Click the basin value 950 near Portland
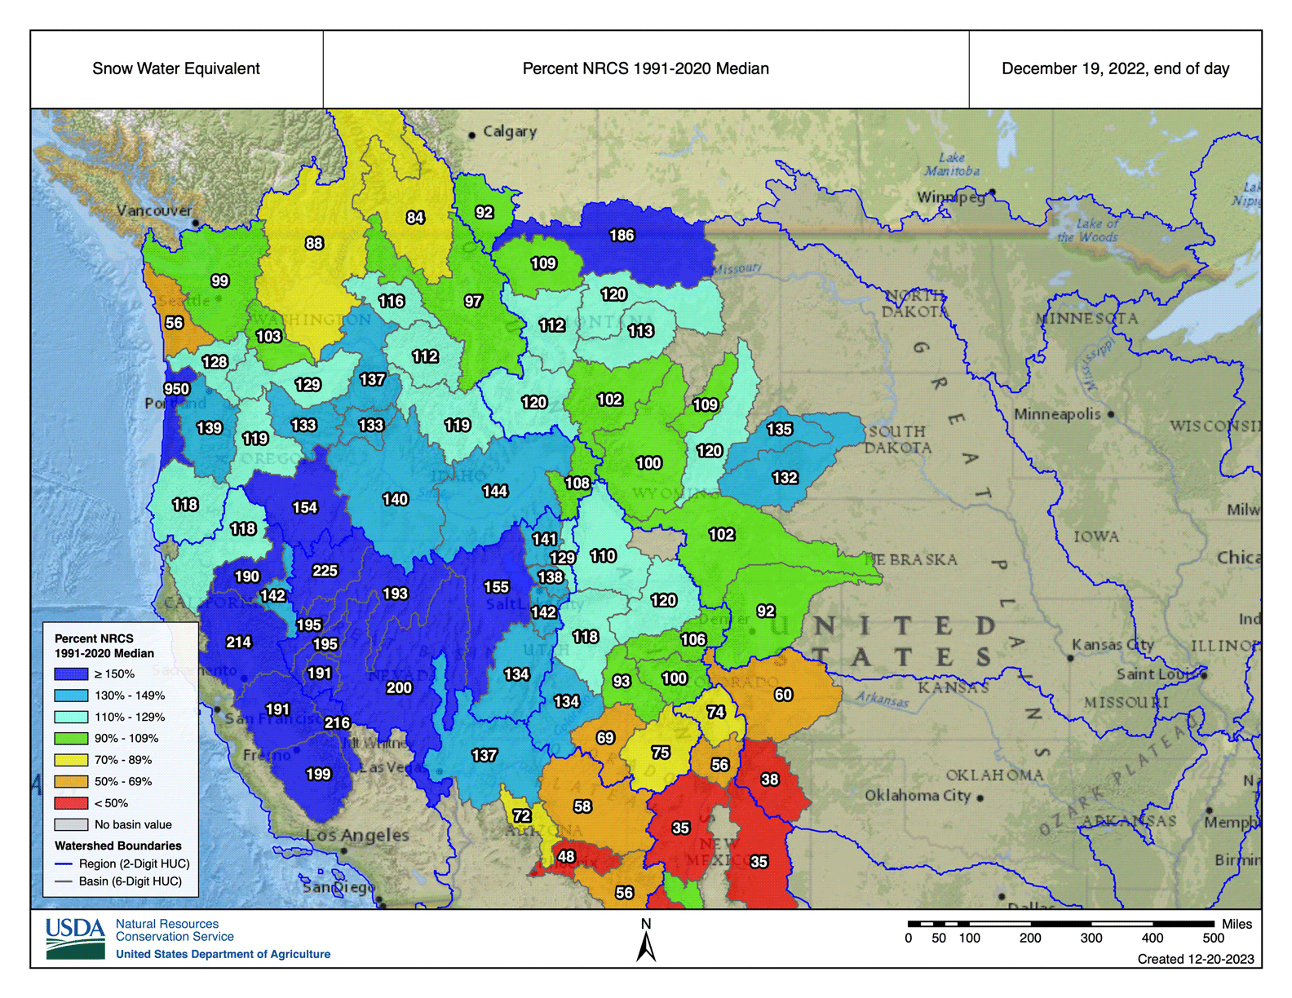177,389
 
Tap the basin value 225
325,571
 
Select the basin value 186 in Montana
622,236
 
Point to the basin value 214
238,643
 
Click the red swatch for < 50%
71,803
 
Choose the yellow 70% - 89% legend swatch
71,760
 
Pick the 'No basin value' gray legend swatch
71,824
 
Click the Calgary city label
509,131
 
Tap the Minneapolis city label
1057,414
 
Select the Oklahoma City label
918,795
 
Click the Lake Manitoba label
952,164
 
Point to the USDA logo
76,938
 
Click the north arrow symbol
646,946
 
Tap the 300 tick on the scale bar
1091,938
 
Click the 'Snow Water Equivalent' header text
176,68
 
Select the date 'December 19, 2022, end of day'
1115,68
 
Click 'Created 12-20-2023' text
1196,959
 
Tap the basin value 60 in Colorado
783,695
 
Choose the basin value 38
770,779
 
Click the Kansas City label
1113,645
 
